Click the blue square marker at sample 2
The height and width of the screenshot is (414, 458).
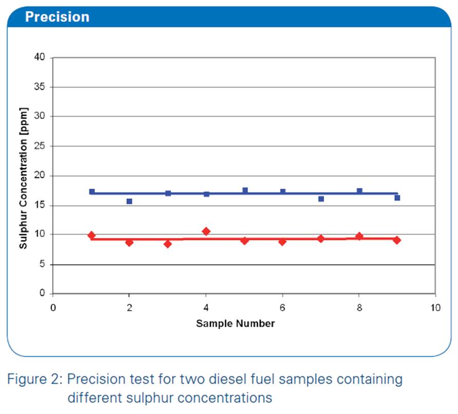tap(129, 201)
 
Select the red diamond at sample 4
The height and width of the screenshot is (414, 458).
tap(206, 231)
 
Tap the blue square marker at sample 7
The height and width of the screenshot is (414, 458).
tap(321, 199)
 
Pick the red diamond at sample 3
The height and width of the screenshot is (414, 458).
tap(168, 244)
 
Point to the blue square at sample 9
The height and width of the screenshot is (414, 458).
tap(397, 198)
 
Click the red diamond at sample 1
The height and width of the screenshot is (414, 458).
tap(91, 235)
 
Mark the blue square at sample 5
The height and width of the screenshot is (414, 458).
tap(245, 190)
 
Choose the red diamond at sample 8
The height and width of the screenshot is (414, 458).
tap(359, 236)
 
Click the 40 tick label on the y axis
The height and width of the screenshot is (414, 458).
tap(40, 57)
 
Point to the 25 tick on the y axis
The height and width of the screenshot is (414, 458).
tap(40, 146)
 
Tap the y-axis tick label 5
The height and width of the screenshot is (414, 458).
tap(42, 264)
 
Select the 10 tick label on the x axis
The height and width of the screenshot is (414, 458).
tap(435, 308)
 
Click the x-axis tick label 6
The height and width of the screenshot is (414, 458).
tap(282, 308)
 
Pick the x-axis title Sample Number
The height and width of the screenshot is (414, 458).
tap(236, 323)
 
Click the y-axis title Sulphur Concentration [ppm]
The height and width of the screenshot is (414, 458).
tap(23, 178)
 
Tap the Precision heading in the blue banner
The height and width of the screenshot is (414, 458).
tap(58, 16)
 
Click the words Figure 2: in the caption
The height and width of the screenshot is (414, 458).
tap(35, 379)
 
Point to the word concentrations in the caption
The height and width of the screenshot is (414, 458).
tap(224, 398)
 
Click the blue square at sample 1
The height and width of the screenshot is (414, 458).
tap(92, 192)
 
